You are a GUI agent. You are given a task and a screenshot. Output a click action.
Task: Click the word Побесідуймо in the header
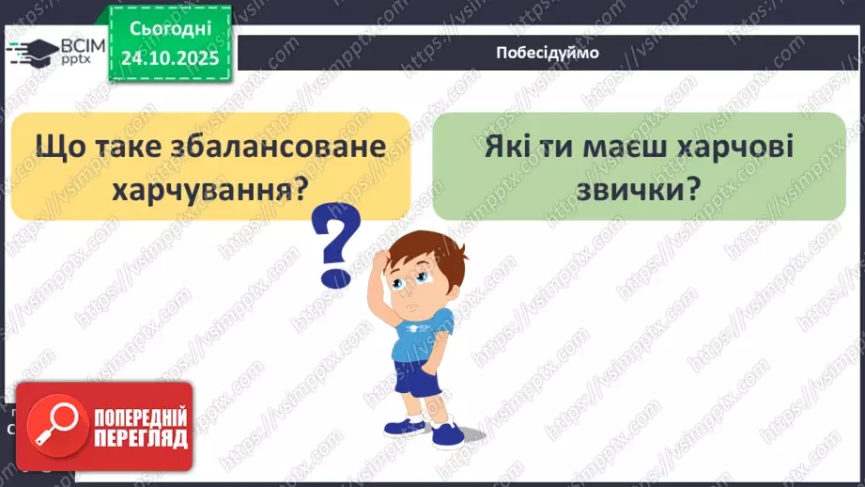tap(547, 53)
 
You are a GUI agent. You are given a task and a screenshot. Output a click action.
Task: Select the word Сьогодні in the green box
tap(170, 31)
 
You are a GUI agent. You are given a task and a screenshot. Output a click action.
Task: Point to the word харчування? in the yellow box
tap(211, 190)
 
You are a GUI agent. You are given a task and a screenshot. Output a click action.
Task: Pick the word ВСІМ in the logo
tap(76, 43)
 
